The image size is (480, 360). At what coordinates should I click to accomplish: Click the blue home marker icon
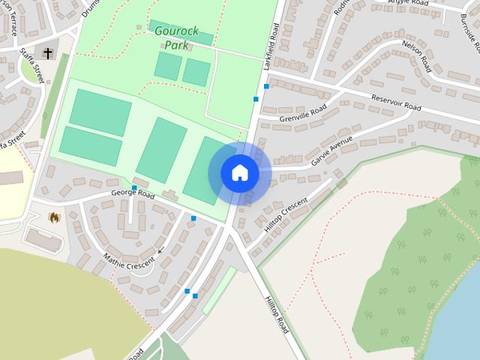pos(239,173)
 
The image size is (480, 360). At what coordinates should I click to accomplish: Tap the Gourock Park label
pos(175,37)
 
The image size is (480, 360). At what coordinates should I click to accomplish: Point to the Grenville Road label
pos(303,115)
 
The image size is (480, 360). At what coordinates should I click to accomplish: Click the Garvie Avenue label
pos(331,151)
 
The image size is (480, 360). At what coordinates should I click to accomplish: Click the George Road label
pos(132,194)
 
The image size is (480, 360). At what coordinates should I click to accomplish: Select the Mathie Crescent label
pos(128,263)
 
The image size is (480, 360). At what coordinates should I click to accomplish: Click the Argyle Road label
pos(408,3)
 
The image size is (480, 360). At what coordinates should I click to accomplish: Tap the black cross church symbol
pos(49,53)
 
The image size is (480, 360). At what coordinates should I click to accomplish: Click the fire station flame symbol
pos(54,217)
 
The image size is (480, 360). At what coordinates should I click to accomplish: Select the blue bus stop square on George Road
pos(134,187)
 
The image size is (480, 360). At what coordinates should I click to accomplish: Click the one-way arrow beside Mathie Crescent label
pos(160,250)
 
